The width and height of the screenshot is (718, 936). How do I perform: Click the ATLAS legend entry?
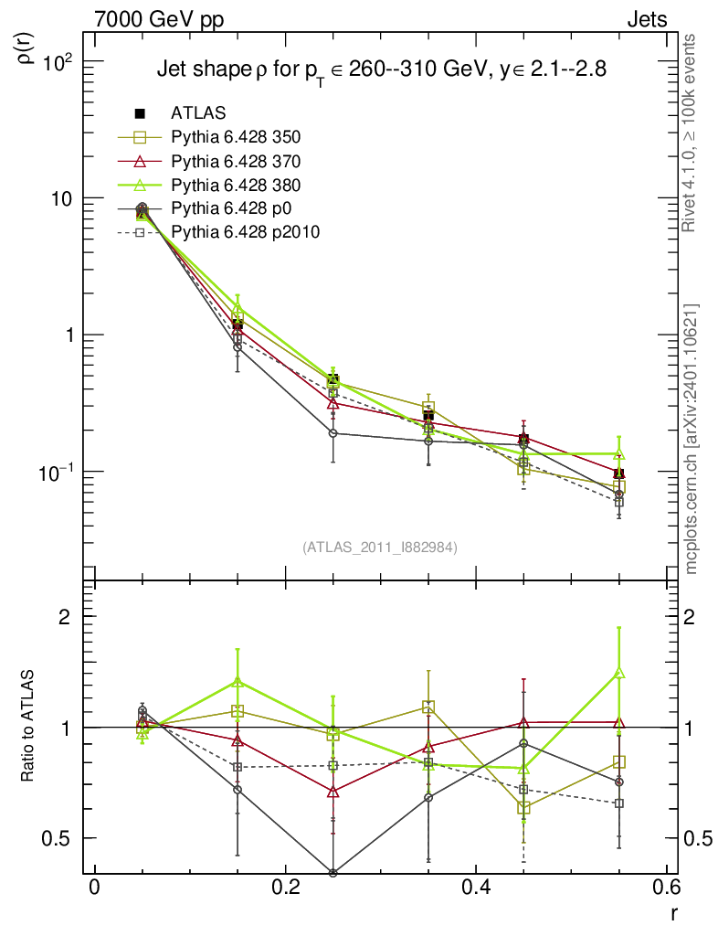pyautogui.click(x=198, y=113)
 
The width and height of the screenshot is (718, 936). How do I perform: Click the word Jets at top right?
pyautogui.click(x=646, y=19)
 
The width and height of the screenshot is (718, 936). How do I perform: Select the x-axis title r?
pyautogui.click(x=673, y=911)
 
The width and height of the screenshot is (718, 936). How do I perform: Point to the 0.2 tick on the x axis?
pyautogui.click(x=285, y=888)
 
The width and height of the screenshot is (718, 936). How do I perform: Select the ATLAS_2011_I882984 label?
pyautogui.click(x=379, y=547)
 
